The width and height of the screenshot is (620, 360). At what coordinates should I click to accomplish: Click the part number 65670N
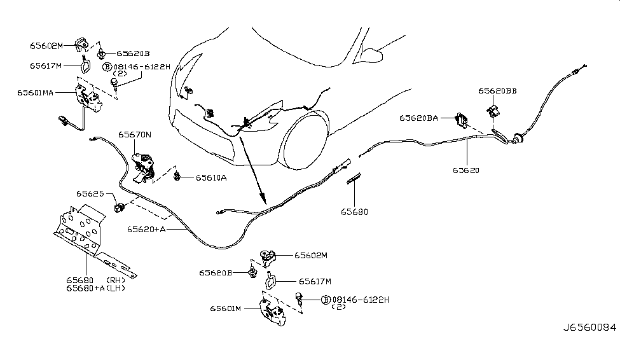coord(134,134)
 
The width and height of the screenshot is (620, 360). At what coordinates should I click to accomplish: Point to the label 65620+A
coord(147,229)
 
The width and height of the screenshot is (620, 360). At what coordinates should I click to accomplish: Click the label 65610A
coord(211,178)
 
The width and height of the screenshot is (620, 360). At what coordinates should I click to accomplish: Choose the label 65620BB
coord(497,91)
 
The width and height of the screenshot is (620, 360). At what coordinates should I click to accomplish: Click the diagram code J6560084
coord(589,328)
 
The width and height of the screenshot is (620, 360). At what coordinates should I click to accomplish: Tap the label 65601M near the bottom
coord(226,309)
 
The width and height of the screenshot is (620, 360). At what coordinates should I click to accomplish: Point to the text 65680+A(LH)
coord(95,288)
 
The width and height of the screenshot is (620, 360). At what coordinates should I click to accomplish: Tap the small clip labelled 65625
coord(119,207)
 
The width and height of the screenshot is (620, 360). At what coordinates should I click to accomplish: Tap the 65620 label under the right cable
coord(466,170)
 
